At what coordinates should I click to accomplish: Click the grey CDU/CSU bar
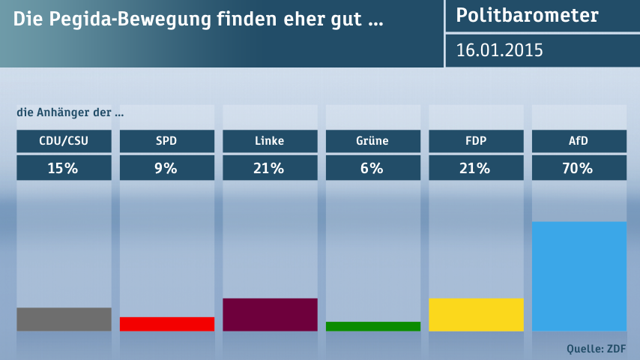click(x=64, y=319)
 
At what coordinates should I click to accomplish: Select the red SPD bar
click(x=166, y=323)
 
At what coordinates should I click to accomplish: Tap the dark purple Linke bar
click(x=270, y=314)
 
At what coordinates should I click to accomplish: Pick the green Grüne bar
click(x=372, y=326)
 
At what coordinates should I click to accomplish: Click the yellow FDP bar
click(x=476, y=314)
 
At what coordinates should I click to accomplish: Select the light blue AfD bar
click(x=579, y=276)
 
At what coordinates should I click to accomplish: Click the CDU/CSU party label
click(x=64, y=140)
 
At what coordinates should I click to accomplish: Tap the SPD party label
click(x=166, y=140)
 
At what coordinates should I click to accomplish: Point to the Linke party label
click(x=270, y=140)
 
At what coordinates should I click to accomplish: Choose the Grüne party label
click(x=372, y=140)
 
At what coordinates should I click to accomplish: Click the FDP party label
click(x=476, y=140)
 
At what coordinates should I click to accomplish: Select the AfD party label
click(x=579, y=140)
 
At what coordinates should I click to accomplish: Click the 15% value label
click(x=64, y=168)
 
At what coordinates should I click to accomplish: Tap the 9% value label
click(x=166, y=168)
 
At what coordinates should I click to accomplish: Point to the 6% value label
click(x=372, y=168)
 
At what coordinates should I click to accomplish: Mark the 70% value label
click(x=579, y=168)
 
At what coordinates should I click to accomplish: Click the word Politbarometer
click(x=527, y=15)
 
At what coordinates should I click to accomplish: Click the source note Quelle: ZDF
click(x=597, y=348)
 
